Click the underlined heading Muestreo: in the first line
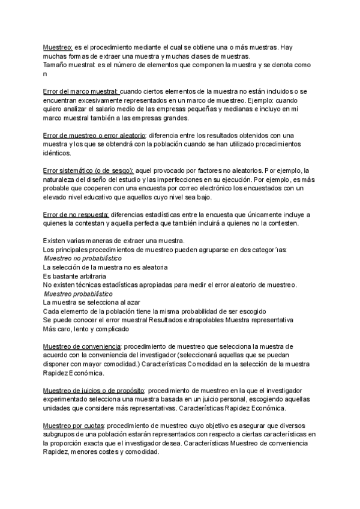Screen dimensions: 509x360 [x=58, y=47]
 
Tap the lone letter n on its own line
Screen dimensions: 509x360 [x=44, y=74]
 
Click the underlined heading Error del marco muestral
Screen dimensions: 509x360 [x=80, y=91]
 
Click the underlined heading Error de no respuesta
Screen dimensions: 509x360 [x=76, y=215]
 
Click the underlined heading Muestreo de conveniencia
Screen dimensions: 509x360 [x=82, y=347]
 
